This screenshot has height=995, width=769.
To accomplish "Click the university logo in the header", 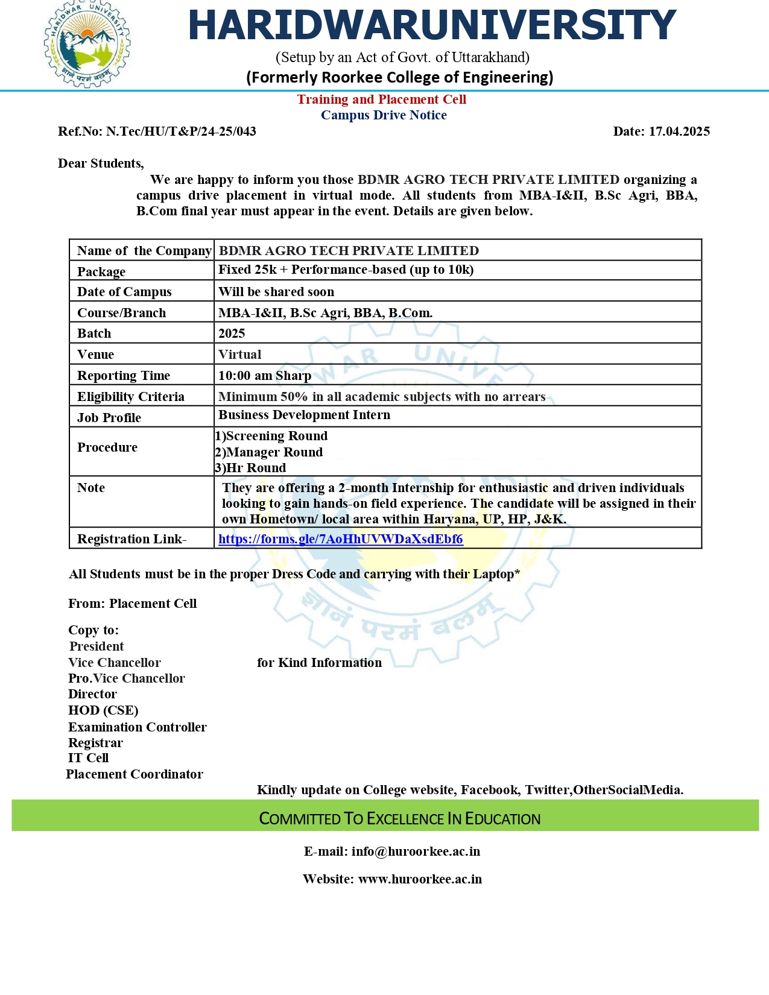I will pos(87,45).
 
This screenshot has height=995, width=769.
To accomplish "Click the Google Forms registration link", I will pos(340,539).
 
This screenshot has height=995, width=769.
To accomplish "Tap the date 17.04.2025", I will pos(679,131).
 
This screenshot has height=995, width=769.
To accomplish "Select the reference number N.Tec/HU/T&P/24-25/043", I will pos(181,131).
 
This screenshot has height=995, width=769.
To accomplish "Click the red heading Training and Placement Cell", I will pos(381,99).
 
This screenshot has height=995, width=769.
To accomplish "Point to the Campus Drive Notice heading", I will pos(384,115).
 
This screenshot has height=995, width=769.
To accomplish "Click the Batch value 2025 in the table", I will pos(232,333).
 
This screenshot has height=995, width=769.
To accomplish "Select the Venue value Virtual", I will pos(239,355).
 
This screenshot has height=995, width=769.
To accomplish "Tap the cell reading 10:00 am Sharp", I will pos(265,376).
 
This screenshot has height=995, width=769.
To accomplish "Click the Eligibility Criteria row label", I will pos(130,397).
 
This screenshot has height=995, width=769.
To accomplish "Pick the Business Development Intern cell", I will pos(304,415).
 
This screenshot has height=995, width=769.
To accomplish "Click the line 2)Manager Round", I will pos(269,452).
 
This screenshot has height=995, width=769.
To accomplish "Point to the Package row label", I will pos(101,272).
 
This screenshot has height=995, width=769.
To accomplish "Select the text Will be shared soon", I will pos(276,292).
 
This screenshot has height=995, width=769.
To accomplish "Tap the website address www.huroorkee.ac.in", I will pos(420,879).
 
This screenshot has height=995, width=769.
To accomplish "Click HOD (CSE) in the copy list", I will pos(103,710).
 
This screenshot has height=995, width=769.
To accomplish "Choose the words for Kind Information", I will pos(319,663).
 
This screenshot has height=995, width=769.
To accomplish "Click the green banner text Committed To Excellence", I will pos(399,818).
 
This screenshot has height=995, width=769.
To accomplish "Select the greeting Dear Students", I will pos(101,163).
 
